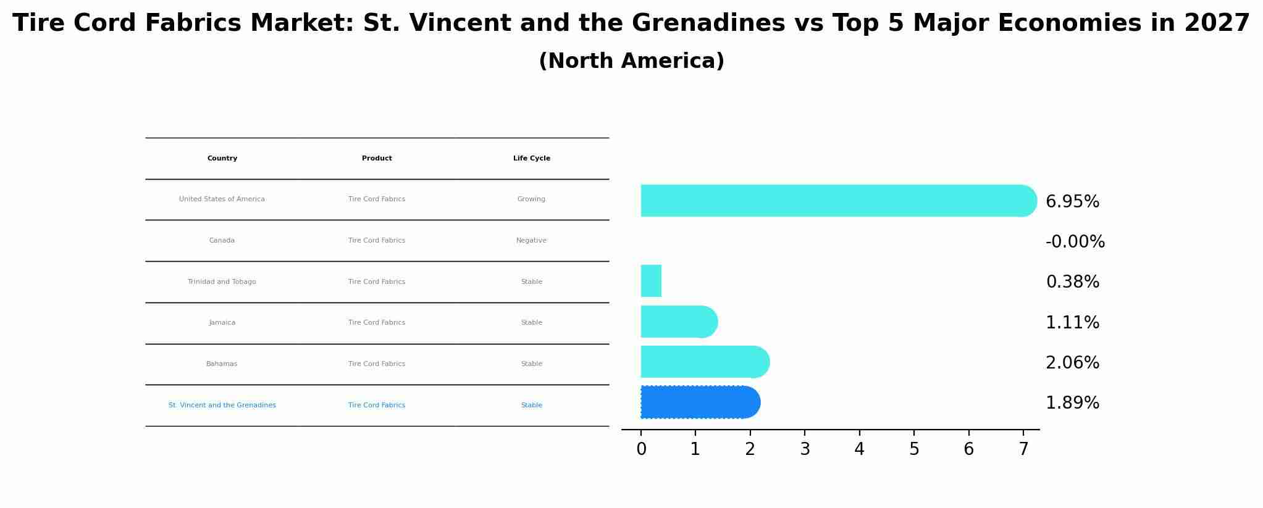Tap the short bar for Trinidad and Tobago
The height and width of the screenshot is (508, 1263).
coord(651,281)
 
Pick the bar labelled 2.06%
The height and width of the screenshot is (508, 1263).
coord(705,362)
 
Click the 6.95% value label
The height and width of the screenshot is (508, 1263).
coord(1072,202)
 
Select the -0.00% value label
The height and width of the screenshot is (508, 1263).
coord(1075,242)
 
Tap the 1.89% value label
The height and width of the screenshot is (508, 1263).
coord(1072,403)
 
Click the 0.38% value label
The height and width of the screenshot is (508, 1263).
coord(1072,282)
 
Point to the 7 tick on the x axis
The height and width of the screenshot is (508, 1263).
coord(1023,449)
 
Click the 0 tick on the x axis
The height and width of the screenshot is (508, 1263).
coord(641,449)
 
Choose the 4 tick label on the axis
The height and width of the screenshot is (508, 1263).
coord(859,449)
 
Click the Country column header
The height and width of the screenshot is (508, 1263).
coord(222,159)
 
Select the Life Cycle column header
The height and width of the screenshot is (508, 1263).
coord(531,159)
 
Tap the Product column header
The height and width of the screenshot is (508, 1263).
coord(377,159)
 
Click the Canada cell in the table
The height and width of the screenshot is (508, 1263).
coord(222,241)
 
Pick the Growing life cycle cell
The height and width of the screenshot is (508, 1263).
coord(531,199)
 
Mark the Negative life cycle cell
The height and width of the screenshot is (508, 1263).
coord(531,241)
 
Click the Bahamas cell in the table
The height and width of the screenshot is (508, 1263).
coord(222,364)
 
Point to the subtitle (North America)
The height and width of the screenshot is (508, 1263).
coord(631,61)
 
